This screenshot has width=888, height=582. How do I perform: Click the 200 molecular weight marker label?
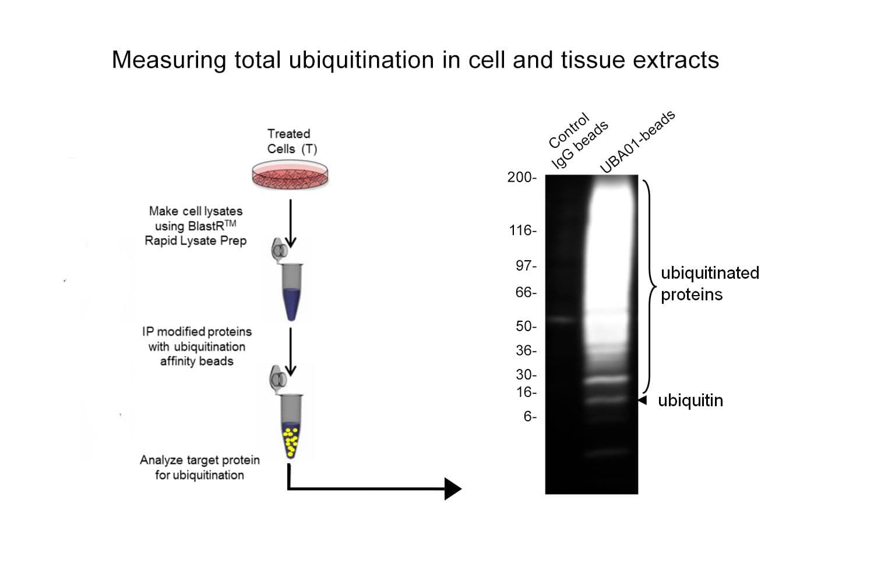click(521, 178)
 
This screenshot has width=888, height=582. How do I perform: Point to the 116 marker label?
click(522, 230)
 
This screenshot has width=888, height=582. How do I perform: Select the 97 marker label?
click(526, 266)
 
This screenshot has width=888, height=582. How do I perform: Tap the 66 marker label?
click(526, 292)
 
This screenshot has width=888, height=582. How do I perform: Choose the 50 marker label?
click(526, 327)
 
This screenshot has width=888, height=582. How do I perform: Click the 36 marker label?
click(526, 350)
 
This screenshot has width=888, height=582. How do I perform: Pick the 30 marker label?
click(526, 375)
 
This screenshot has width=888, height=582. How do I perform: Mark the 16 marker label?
click(526, 392)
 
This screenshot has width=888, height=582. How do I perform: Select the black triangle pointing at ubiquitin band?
click(642, 400)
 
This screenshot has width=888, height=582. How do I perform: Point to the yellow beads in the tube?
click(291, 441)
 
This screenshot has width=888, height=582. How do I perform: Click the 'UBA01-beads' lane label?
click(637, 141)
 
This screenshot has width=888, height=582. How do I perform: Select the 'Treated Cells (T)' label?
click(291, 141)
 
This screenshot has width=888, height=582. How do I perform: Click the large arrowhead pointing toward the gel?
click(452, 488)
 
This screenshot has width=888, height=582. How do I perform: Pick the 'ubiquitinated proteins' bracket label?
click(709, 283)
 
